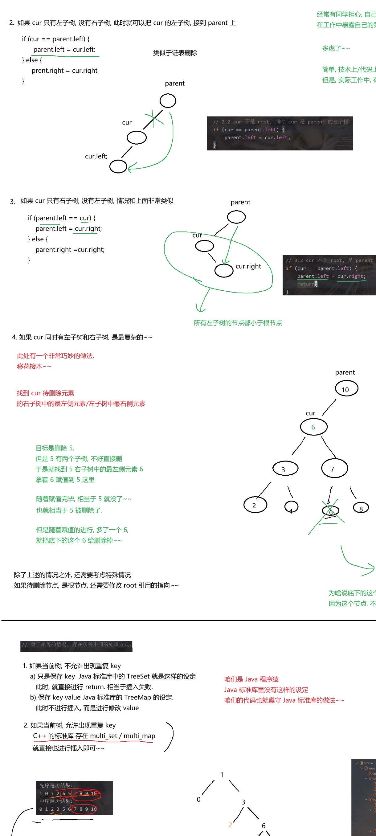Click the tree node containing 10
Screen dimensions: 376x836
click(346, 389)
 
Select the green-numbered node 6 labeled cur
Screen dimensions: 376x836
click(313, 427)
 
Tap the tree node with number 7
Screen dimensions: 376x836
click(334, 468)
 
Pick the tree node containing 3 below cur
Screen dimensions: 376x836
click(285, 469)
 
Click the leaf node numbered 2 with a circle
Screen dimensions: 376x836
click(255, 505)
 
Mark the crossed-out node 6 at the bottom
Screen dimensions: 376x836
click(330, 511)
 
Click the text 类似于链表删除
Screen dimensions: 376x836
click(175, 53)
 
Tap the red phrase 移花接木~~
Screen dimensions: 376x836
click(34, 367)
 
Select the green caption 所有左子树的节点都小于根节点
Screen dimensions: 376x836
click(238, 323)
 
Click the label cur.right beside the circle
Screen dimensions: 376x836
click(248, 266)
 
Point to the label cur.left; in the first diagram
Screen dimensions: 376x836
click(96, 156)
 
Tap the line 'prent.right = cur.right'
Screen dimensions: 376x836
click(64, 70)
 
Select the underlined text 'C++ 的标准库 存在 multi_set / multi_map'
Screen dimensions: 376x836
click(94, 736)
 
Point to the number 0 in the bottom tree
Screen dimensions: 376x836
click(198, 799)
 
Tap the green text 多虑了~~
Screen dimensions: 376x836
click(336, 48)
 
